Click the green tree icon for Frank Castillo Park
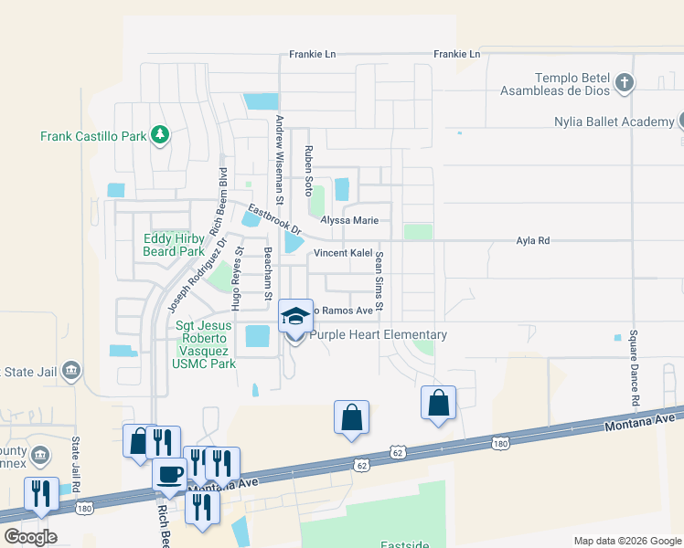click(160, 136)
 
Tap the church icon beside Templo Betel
click(625, 84)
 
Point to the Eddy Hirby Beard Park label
click(174, 245)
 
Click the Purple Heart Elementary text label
click(379, 335)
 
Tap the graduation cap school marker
click(295, 316)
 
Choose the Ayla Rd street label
click(532, 241)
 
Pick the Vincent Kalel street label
click(344, 252)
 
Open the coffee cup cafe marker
click(169, 473)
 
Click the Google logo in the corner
click(30, 536)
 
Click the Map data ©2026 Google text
click(626, 541)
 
